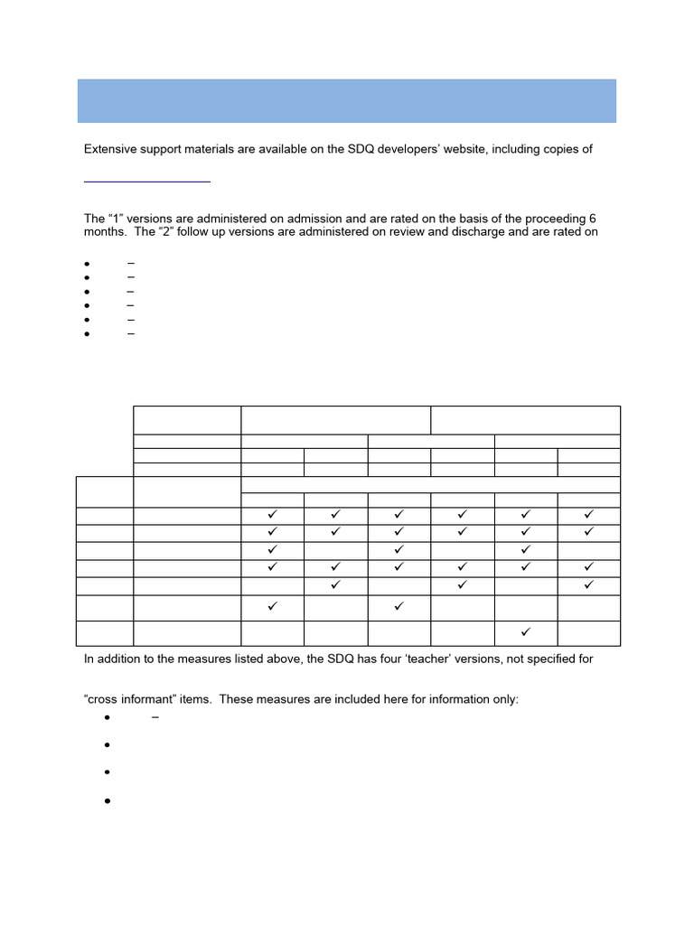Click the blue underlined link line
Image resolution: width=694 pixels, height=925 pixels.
(x=147, y=182)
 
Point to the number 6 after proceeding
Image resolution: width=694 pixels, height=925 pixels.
(x=592, y=220)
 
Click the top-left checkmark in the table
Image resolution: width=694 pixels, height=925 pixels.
(x=273, y=514)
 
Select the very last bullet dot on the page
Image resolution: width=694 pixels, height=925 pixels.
(x=107, y=801)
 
